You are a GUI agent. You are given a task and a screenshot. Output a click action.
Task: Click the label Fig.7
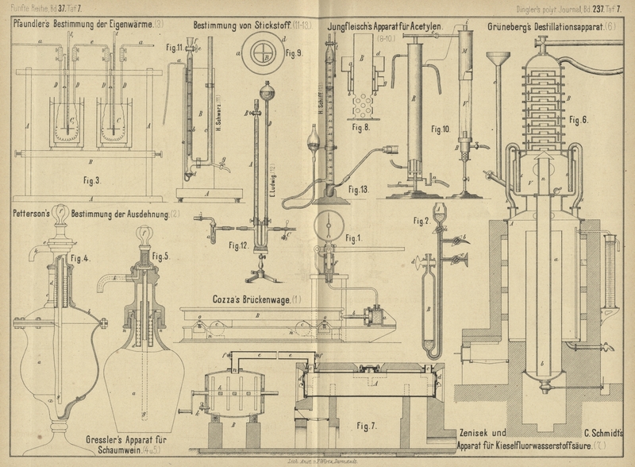coord(366,426)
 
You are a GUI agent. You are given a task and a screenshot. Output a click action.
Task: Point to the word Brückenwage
coord(263,299)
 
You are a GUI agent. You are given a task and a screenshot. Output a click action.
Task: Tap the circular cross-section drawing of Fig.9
coord(261,55)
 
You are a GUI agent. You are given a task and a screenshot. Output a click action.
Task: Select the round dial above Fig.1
coord(329,224)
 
